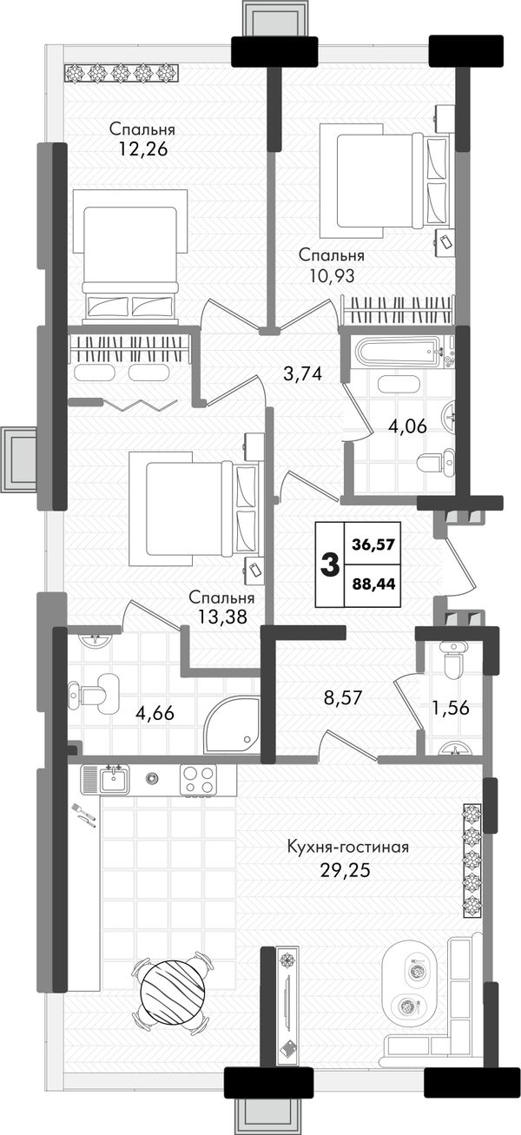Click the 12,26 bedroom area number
pos(142,149)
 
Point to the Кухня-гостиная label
pos(348,847)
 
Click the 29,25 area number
pos(346,870)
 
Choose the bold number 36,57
pos(373,545)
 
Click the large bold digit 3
pos(330,564)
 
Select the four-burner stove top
pos(198,779)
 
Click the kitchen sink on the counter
pos(114,780)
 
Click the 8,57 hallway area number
pos(343,698)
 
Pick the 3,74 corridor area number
pos(303,374)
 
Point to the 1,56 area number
pos(451,708)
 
